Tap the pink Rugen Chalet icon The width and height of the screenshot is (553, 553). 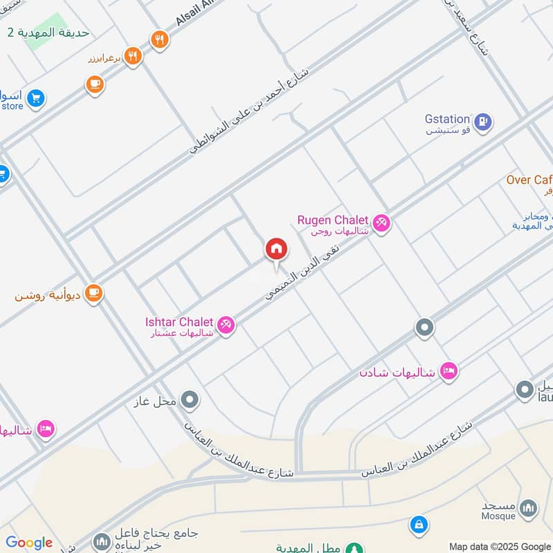click(x=381, y=223)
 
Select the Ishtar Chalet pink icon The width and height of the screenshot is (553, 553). click(x=225, y=324)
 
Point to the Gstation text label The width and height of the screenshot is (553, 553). click(x=447, y=120)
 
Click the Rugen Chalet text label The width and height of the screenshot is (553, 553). click(x=332, y=220)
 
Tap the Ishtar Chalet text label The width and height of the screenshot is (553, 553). click(x=180, y=321)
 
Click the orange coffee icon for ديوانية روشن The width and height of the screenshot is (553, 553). click(x=94, y=292)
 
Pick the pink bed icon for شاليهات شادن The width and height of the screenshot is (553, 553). click(x=449, y=372)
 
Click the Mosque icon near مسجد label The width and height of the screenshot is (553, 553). click(x=528, y=508)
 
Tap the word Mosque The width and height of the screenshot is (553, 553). click(x=498, y=516)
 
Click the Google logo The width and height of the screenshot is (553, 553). click(x=29, y=543)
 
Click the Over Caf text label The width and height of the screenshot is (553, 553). click(x=529, y=180)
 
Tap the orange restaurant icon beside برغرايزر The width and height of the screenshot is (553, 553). click(x=133, y=56)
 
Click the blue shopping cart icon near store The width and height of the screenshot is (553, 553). click(x=36, y=99)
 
